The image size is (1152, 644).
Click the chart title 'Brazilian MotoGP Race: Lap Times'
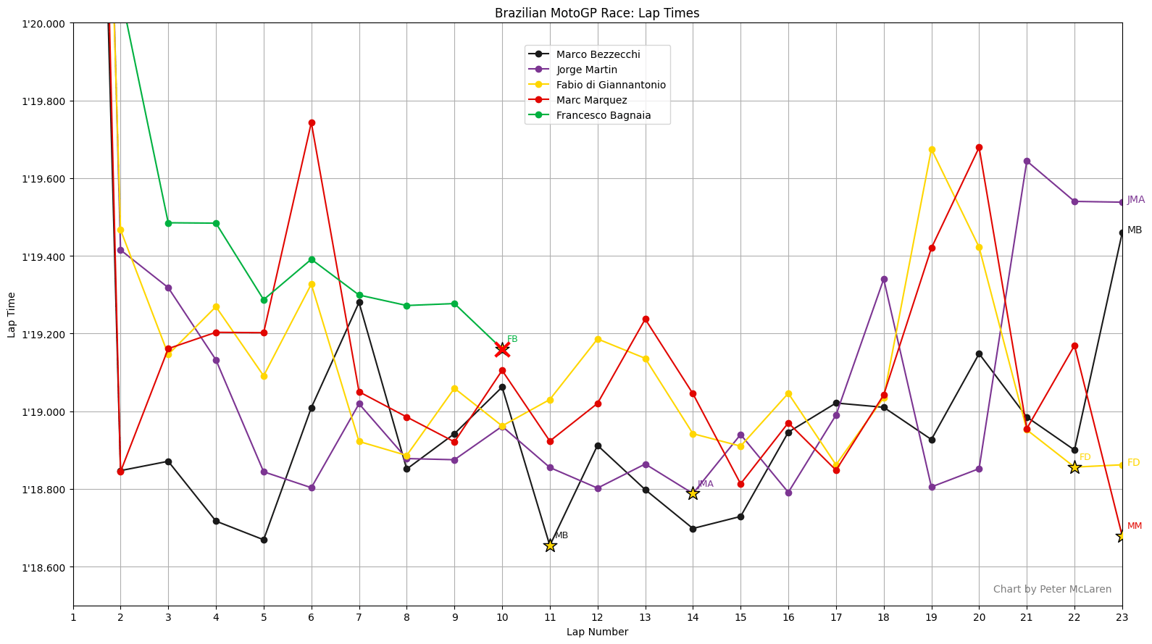(597, 13)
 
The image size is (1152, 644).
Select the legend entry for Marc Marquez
(591, 100)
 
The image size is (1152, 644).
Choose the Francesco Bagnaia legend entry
(603, 115)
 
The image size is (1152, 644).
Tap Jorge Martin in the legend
(586, 70)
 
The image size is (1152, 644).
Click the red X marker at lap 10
(502, 350)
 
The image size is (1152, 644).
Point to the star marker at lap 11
(550, 545)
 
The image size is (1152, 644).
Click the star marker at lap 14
(693, 493)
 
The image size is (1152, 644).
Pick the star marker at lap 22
(1074, 467)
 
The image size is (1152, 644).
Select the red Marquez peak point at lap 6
(312, 122)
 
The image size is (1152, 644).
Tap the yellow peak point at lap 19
(932, 149)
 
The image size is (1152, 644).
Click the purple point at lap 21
(1027, 161)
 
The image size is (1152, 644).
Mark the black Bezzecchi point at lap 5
(264, 540)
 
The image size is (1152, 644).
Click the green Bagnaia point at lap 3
(168, 223)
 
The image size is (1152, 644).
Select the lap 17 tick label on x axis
(836, 617)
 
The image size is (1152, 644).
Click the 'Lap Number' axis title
(597, 632)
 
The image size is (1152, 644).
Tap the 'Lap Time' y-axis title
(12, 314)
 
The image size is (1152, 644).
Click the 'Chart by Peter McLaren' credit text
(1052, 589)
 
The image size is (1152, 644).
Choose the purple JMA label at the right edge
(1135, 200)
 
